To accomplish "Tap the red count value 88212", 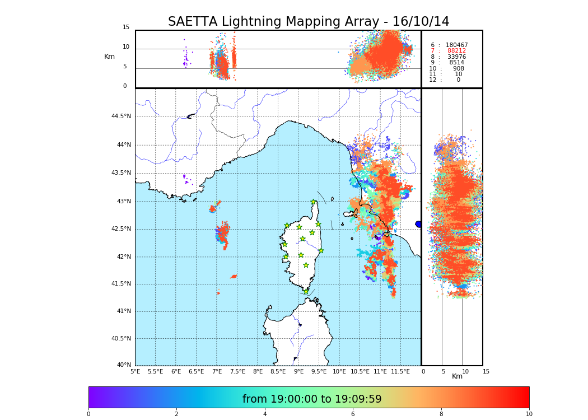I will [x=456, y=51].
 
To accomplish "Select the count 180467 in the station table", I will [x=456, y=45].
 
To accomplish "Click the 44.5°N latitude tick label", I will [x=121, y=116].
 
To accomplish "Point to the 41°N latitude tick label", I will [x=124, y=311].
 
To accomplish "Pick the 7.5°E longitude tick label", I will [x=237, y=371].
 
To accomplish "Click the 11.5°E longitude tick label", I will [x=400, y=371].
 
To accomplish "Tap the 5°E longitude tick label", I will [x=135, y=371].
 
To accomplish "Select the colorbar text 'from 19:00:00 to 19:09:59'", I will [x=312, y=399].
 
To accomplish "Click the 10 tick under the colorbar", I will [x=529, y=414].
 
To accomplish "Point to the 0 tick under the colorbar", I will [x=88, y=414].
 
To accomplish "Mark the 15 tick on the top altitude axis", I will [x=126, y=27].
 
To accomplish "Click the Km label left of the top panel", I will [x=109, y=57].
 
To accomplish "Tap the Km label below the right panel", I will [x=458, y=376].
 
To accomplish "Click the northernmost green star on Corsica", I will [x=314, y=202].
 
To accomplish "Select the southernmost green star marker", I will [x=306, y=291].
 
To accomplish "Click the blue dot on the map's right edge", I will [x=418, y=224].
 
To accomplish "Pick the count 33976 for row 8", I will [x=456, y=57].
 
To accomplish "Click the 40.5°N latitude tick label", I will [x=121, y=338].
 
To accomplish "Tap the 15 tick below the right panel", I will [x=486, y=371].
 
